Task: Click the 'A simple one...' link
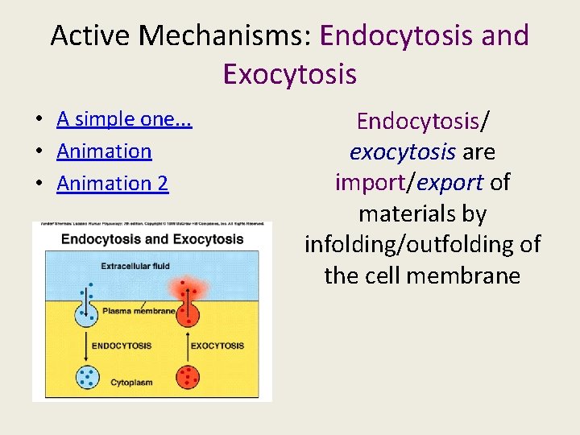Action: pos(128,119)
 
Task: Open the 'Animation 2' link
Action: pos(112,184)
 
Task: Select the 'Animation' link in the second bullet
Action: pos(104,151)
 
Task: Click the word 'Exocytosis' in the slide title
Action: pos(289,73)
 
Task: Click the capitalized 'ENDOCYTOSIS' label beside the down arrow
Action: pos(121,346)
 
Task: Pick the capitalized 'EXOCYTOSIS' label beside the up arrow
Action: pos(217,346)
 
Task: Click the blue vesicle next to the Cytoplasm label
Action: pos(88,377)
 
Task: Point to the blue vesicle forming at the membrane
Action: pos(86,313)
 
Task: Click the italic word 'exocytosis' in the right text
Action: pos(390,152)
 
